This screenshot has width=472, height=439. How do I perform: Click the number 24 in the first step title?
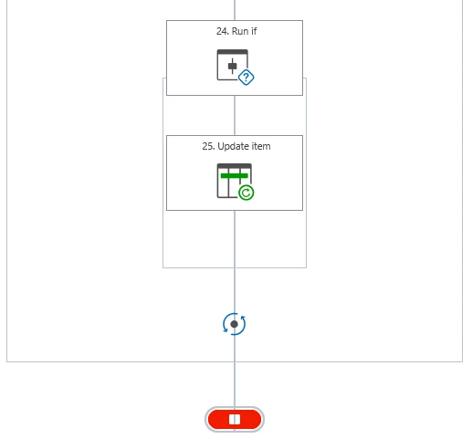point(222,31)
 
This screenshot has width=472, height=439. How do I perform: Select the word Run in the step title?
point(240,31)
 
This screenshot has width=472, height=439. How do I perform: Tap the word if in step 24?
point(254,31)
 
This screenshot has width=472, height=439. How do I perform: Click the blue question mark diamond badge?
point(246,78)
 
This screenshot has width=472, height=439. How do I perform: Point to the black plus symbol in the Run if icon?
point(233,66)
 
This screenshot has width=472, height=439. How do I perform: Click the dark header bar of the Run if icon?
point(233,52)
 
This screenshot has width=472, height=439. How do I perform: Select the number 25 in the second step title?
point(208,146)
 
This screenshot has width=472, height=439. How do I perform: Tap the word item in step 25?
point(261,146)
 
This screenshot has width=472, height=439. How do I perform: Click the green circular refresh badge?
point(246,193)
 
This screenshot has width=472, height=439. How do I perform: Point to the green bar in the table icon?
point(235,176)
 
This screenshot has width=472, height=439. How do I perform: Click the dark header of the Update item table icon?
point(235,166)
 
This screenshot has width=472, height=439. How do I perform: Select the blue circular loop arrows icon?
point(235,324)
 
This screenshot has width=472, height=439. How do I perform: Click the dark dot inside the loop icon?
point(235,324)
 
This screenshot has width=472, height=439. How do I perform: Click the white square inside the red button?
point(235,420)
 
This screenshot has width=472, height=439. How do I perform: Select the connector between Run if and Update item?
point(235,115)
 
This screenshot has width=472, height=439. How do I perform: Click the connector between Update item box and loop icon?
point(235,262)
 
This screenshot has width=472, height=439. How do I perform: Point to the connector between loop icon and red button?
point(235,371)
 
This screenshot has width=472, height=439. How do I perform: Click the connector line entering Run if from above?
point(235,10)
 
